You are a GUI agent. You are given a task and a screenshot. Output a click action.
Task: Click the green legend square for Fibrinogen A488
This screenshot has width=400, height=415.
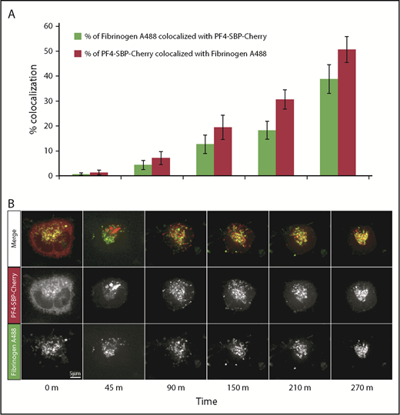point(78,36)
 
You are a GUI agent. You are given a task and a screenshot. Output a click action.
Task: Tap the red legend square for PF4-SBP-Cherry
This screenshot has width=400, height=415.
point(78,53)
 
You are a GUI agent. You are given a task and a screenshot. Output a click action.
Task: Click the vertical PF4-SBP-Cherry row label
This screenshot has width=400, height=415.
point(12,297)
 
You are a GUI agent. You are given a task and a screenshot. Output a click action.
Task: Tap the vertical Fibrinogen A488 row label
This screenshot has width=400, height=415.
point(12,350)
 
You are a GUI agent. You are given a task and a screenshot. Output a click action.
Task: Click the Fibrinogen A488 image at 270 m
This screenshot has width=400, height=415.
point(361,350)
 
